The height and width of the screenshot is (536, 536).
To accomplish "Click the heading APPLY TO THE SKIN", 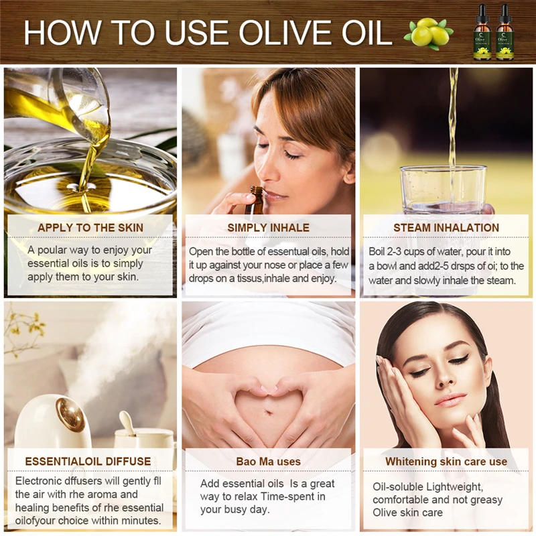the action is [x=90, y=228].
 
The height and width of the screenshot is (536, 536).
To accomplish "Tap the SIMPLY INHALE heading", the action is [x=269, y=228].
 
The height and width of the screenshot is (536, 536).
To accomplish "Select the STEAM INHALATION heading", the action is [x=446, y=228].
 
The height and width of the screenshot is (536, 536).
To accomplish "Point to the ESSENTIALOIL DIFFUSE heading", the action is [x=88, y=461].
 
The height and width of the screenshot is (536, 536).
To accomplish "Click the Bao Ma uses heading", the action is [x=269, y=462].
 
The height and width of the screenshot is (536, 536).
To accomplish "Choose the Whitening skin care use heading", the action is [x=446, y=462].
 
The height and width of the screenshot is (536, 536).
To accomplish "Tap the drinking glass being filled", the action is [x=444, y=192].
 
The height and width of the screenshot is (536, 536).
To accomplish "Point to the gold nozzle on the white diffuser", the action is [x=70, y=411].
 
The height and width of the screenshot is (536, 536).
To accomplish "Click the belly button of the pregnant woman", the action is [x=269, y=411].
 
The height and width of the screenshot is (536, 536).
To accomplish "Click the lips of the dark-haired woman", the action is [x=450, y=400].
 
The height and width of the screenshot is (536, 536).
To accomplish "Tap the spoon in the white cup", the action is [x=127, y=423].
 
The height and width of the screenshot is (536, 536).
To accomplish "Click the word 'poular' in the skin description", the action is [x=52, y=250].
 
